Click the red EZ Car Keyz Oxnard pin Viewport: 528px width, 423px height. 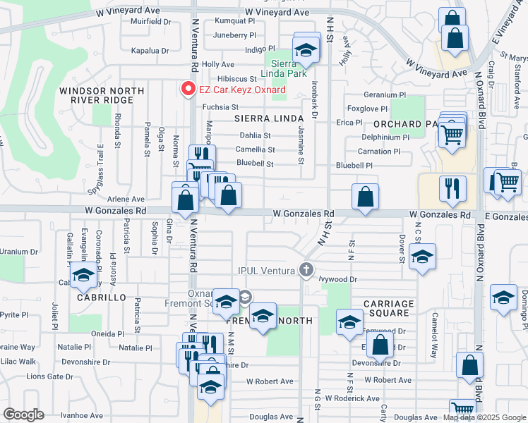coord(188,90)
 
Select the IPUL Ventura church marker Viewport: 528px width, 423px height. coord(306,269)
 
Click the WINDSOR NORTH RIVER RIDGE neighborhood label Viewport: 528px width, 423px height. coord(102,95)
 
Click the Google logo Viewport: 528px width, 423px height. coord(23,415)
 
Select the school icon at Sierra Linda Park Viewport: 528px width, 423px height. coord(306,51)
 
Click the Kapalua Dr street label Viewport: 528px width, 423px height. coord(150,51)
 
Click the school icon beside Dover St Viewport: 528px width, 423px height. coord(422,257)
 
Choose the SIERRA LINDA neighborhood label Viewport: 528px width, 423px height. coord(263,121)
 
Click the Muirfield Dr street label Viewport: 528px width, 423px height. coord(151,22)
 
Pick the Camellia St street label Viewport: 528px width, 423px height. coord(256,149)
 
